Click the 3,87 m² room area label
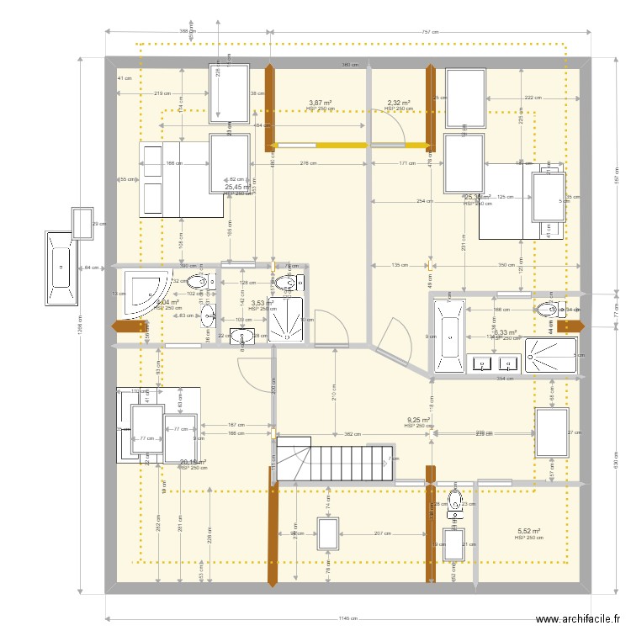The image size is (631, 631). point(320,103)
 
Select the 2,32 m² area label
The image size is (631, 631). point(399,103)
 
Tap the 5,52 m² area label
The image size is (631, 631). point(528,532)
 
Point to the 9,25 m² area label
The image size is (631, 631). point(418,420)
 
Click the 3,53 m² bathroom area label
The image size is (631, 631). point(262,303)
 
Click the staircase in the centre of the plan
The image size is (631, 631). point(333,459)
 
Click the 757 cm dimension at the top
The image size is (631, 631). point(430,32)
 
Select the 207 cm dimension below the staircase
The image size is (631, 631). point(383,533)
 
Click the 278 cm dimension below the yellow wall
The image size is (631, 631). point(308,162)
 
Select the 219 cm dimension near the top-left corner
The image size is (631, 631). point(162,93)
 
